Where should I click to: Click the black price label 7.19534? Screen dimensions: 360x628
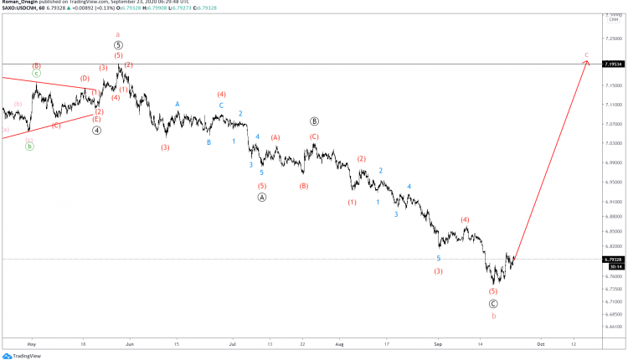point(614,64)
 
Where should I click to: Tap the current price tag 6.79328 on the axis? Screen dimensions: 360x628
point(614,260)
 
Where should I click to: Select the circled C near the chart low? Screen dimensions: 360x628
point(493,304)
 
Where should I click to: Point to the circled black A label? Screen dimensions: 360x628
point(262,198)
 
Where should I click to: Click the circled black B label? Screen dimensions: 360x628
point(314,121)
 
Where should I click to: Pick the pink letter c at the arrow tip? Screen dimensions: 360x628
point(587,54)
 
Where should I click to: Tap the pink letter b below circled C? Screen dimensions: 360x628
point(493,316)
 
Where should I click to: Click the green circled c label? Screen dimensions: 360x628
point(36,74)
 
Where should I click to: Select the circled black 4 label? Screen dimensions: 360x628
point(97,130)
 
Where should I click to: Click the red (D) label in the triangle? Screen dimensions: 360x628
point(85,79)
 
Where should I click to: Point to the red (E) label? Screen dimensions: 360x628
point(96,119)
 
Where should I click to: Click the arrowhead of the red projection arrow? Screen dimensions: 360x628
point(587,62)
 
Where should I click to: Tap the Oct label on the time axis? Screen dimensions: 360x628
point(541,343)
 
